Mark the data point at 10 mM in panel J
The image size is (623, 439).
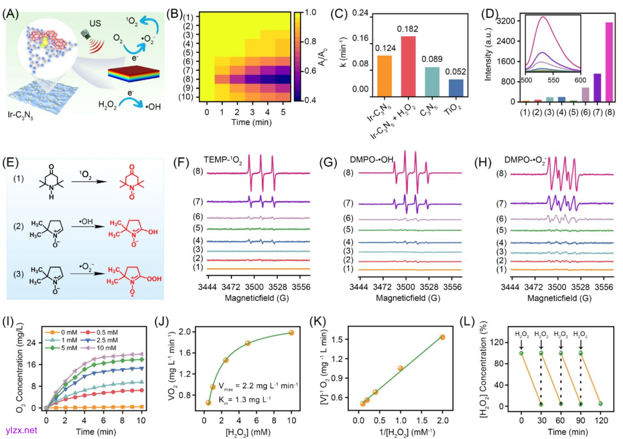click(x=291, y=332)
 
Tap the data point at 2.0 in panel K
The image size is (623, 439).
click(x=442, y=337)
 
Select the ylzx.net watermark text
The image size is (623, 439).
click(x=20, y=430)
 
